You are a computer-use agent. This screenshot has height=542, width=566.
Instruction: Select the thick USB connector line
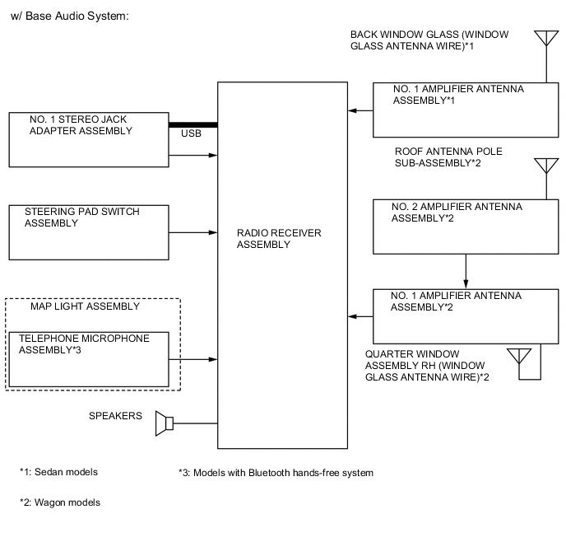point(193,125)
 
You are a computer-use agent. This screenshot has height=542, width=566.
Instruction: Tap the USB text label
point(191,133)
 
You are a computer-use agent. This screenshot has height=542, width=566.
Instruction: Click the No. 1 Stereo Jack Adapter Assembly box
point(88,138)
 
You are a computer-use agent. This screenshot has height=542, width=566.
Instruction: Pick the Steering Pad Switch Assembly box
point(88,232)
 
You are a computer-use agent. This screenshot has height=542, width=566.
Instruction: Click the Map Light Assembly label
point(85,306)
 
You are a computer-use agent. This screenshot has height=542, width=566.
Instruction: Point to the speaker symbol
point(165,423)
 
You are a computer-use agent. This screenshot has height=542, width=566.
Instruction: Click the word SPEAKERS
point(115,416)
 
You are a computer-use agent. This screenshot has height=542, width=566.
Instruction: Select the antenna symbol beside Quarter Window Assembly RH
point(518,356)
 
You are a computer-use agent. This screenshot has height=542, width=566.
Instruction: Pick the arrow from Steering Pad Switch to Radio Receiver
point(193,233)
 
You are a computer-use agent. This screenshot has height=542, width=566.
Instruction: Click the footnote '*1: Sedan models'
point(58,472)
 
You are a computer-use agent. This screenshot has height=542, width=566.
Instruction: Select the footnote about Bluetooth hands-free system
point(276,473)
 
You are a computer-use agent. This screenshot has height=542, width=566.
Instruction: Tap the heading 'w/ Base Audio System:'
point(70,16)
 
